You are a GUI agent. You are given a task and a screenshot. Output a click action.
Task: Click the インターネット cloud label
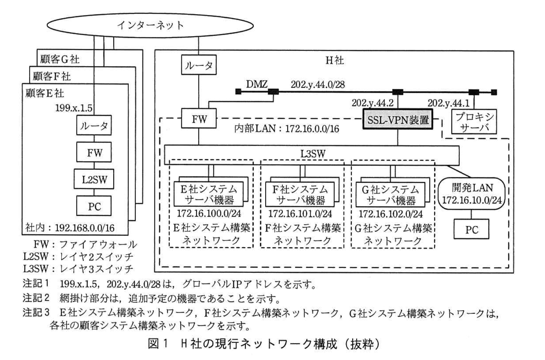150,25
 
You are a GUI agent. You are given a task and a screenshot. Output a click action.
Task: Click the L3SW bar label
312,154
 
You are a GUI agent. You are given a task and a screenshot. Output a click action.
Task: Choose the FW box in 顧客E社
94,153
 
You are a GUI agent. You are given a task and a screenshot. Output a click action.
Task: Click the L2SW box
94,180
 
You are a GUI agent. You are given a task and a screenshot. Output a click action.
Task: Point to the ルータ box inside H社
199,65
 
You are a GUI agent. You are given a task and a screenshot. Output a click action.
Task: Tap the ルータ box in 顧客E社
94,125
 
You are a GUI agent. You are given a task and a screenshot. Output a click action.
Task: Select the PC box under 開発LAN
471,230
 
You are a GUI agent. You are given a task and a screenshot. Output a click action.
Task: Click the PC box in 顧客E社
94,206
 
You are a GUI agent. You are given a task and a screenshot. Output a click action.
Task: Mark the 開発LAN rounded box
472,194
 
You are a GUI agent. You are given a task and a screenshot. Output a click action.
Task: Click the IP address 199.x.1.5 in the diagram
74,108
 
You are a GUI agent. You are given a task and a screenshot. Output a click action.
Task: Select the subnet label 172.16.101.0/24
300,213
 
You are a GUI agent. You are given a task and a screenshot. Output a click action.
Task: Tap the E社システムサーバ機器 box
209,195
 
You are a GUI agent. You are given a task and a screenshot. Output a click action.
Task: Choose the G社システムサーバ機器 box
391,195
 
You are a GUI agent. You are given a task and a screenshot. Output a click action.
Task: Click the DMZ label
257,84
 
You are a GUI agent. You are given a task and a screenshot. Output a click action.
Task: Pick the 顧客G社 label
60,59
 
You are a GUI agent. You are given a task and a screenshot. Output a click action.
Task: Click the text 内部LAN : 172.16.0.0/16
287,129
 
